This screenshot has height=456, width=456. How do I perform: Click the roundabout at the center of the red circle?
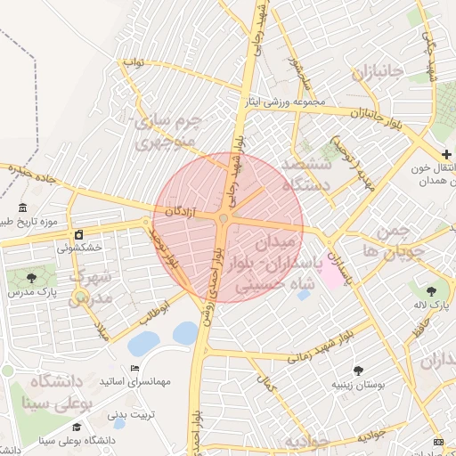226,217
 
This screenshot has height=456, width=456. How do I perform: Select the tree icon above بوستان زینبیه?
359,370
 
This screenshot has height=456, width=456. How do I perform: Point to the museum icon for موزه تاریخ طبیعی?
20,207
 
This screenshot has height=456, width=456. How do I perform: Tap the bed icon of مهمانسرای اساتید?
134,369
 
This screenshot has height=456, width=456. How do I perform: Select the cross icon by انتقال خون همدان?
445,155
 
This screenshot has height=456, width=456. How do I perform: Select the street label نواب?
133,65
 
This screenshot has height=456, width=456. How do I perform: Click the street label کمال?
264,385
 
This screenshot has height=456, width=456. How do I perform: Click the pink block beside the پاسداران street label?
329,274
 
